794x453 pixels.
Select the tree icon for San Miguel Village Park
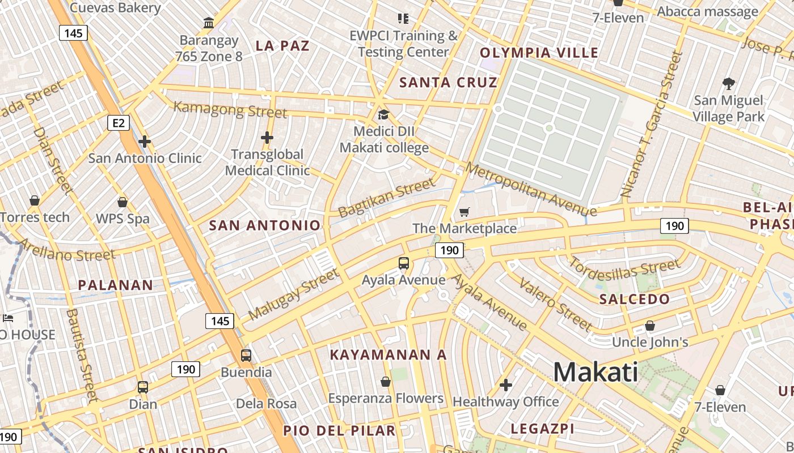[x=729, y=84]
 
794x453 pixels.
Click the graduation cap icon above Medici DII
[x=384, y=115]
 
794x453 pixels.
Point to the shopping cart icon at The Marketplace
[x=464, y=212]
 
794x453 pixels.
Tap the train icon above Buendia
[x=246, y=356]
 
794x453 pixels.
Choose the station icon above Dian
[x=143, y=387]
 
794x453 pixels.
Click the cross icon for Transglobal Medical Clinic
[x=267, y=138]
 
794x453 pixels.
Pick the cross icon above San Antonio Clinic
[x=145, y=141]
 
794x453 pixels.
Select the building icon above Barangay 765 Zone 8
[x=208, y=23]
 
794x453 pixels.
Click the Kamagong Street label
[x=230, y=109]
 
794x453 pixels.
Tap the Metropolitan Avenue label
[x=531, y=190]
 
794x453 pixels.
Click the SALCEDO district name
[x=635, y=299]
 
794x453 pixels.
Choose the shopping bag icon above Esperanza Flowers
[x=386, y=382]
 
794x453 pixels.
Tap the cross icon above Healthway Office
[x=506, y=386]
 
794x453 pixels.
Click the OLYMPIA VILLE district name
[x=539, y=53]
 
